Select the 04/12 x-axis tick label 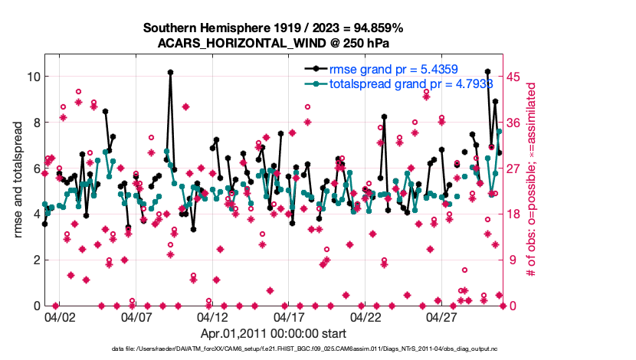tap(212, 316)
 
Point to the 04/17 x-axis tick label tap(289, 316)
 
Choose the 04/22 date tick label tap(366, 316)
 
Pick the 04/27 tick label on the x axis tap(442, 316)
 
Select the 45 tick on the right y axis tap(515, 77)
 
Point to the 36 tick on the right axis tap(515, 123)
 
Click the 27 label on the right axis tap(515, 169)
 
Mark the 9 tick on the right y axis tap(512, 260)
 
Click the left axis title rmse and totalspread tap(18, 180)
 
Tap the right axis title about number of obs tap(531, 181)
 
